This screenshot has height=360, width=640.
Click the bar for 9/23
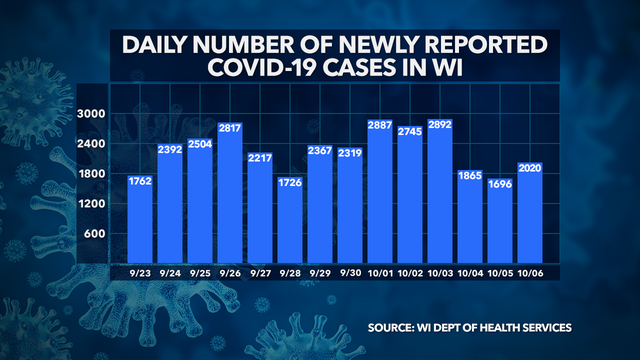coord(140,220)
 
